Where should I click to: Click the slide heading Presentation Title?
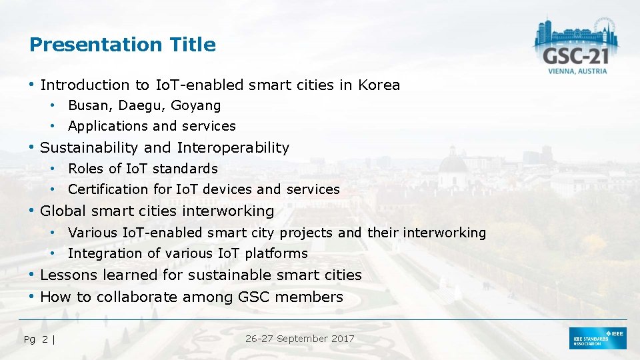123,45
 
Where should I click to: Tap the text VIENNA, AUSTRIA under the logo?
577,71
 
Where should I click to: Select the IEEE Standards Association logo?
597,339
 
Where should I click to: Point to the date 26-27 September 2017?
299,339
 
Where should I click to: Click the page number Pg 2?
37,339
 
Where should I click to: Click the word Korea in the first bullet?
379,85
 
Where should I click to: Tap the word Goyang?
195,105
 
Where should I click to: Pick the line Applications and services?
152,126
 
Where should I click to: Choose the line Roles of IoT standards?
143,169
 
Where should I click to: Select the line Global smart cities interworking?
157,211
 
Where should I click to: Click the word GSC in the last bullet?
254,297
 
